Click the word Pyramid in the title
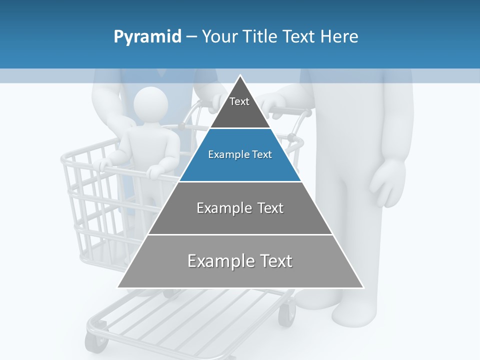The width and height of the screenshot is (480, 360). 147,37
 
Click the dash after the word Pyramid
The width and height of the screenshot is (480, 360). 191,37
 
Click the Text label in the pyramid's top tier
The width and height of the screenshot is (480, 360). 239,101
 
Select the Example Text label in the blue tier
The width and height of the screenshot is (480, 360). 240,154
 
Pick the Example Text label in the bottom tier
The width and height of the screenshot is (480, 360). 240,261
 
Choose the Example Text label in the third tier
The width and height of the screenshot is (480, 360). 240,208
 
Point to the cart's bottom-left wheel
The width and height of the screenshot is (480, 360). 95,342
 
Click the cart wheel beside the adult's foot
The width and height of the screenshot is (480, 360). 286,315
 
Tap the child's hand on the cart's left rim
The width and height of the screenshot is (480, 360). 105,164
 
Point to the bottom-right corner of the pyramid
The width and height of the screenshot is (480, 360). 363,287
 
